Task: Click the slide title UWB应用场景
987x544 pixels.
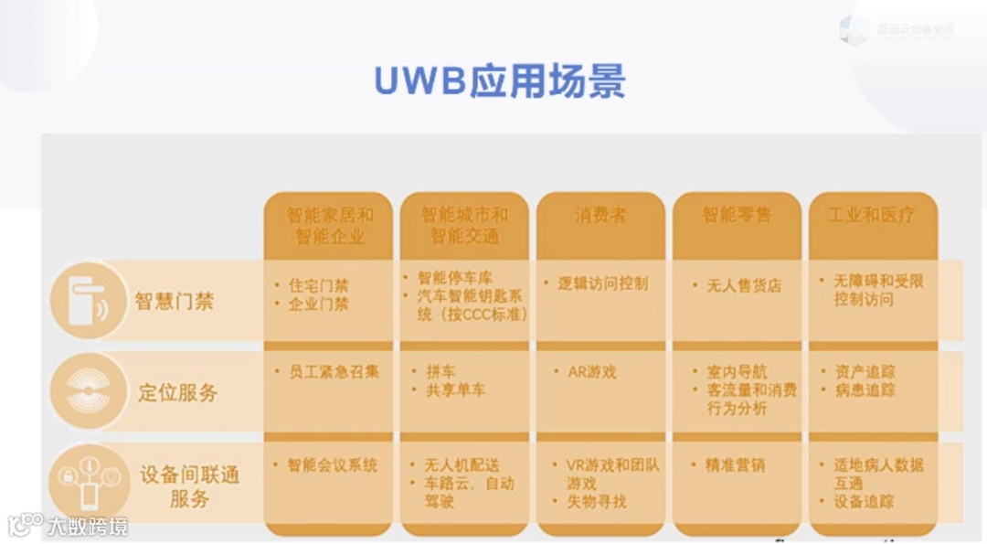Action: [499, 80]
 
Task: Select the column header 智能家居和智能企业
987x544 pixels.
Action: [329, 225]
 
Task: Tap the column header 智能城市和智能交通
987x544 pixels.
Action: [464, 225]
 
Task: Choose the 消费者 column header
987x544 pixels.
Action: [600, 215]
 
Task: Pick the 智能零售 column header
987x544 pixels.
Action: [737, 215]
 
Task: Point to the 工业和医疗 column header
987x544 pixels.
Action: [871, 215]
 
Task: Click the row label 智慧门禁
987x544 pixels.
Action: [174, 301]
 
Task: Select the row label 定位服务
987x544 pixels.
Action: [178, 393]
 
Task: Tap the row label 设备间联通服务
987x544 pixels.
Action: [189, 487]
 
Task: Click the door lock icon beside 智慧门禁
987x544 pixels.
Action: [88, 300]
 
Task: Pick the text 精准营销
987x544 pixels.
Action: [735, 465]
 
